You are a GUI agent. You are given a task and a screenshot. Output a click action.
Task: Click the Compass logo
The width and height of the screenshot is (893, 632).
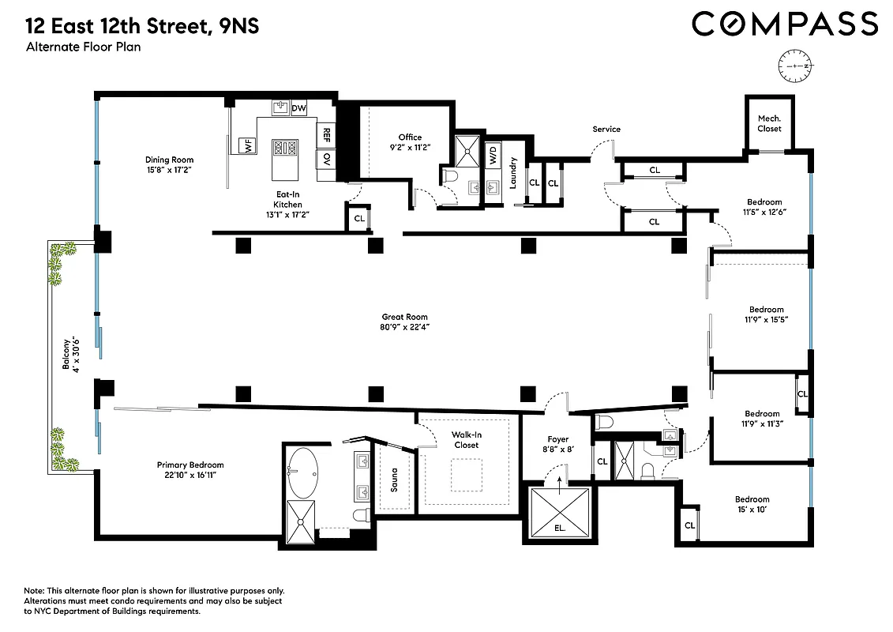coord(785,24)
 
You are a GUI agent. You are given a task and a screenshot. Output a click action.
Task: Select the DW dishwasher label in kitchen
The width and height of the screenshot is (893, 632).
coord(298,108)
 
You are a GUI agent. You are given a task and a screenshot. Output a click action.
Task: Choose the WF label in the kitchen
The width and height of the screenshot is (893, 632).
coord(248,145)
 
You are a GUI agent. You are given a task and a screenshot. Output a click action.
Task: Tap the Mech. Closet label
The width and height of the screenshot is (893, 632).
coord(769,123)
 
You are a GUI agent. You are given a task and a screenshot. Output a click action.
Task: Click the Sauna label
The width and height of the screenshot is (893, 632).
coord(394,480)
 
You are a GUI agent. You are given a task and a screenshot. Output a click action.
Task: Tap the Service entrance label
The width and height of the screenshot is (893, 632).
coord(606,129)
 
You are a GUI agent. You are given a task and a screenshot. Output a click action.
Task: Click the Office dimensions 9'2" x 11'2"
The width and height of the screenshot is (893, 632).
coord(410,147)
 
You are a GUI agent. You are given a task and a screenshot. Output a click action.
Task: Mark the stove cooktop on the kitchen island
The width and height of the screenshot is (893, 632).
coord(283,147)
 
